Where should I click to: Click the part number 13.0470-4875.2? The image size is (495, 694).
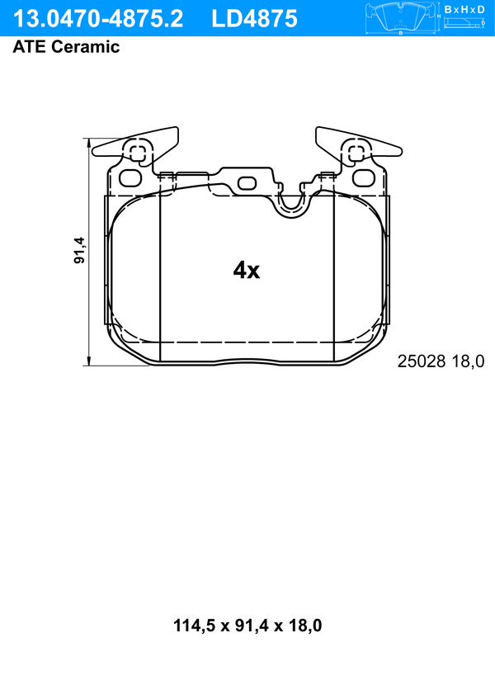(x=98, y=19)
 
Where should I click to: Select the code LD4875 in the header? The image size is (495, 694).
(x=254, y=19)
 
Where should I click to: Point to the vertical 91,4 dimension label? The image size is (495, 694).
(x=79, y=250)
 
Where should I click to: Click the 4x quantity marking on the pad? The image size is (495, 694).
(x=247, y=270)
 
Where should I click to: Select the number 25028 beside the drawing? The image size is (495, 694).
(x=421, y=361)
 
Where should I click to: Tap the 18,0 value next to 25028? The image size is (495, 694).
(x=468, y=361)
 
